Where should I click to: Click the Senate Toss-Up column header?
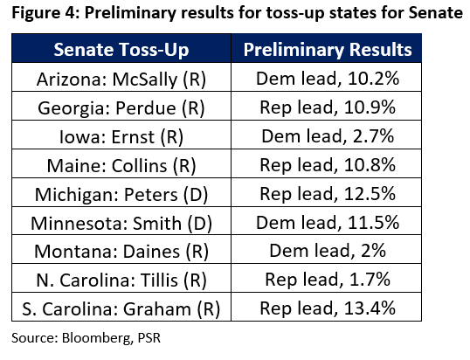[x=121, y=50]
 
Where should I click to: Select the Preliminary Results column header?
[x=328, y=50]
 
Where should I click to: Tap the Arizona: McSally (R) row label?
[x=121, y=80]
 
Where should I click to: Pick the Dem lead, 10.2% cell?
[x=328, y=79]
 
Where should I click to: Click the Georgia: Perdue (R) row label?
[x=121, y=107]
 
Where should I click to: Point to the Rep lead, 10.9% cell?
[x=328, y=107]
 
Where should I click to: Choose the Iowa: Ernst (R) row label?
[x=121, y=137]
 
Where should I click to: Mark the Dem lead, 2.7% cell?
[x=328, y=136]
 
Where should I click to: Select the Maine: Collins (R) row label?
[x=121, y=165]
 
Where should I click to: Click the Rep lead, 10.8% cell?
[x=328, y=165]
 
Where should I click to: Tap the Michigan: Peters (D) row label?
[x=121, y=194]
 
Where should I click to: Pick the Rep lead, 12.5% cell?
[x=328, y=194]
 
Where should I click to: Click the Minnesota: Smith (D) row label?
[x=121, y=224]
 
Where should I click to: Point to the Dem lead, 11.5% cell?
[x=328, y=223]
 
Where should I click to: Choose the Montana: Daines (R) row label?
[x=121, y=251]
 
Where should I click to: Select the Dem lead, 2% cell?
[x=328, y=251]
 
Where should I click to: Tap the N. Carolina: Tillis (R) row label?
[x=121, y=280]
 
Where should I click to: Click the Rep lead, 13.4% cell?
[x=328, y=308]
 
